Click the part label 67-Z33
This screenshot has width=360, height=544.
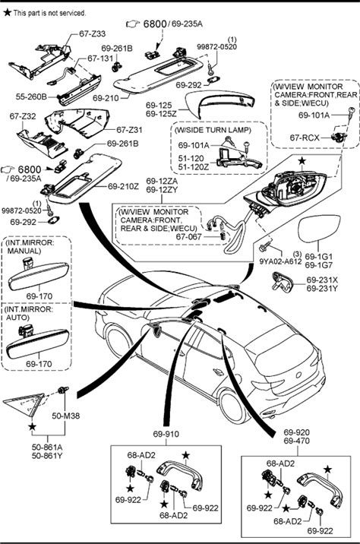click(x=92, y=33)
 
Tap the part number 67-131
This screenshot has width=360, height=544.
click(x=100, y=59)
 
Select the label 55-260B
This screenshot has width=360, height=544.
click(x=31, y=96)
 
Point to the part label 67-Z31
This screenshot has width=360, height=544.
click(x=129, y=130)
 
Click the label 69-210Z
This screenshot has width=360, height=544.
click(x=124, y=186)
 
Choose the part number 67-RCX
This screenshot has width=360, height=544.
click(x=305, y=138)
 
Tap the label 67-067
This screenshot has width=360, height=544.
click(x=188, y=236)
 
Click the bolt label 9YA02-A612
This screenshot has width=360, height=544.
click(x=280, y=261)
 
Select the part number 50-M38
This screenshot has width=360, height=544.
click(x=66, y=416)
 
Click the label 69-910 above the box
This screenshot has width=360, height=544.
click(x=166, y=434)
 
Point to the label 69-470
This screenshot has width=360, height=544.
click(x=296, y=441)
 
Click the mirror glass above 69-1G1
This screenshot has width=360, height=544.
click(x=319, y=229)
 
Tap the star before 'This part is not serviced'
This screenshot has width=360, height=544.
click(x=8, y=12)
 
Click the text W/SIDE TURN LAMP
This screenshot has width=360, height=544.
click(x=213, y=130)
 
